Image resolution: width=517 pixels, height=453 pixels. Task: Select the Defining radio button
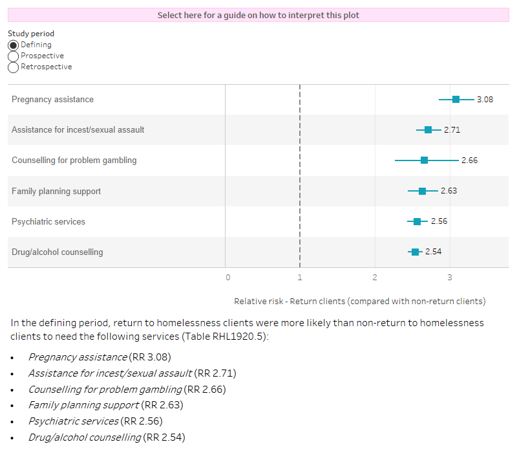(13, 45)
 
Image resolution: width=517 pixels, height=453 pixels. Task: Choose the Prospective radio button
(13, 56)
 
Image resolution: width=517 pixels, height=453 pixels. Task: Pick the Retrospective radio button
(13, 67)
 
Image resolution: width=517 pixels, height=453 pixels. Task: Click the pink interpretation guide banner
(258, 15)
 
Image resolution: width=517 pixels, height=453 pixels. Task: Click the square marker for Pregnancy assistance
(456, 99)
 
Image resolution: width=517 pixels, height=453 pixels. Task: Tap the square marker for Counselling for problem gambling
(424, 160)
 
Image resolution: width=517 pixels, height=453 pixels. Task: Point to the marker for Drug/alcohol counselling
(415, 252)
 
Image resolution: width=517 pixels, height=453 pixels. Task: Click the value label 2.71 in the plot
(452, 129)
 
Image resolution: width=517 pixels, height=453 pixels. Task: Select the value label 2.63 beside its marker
(448, 191)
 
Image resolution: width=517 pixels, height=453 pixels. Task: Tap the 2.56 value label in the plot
(439, 221)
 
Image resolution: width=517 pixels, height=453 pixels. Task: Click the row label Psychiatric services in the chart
(48, 221)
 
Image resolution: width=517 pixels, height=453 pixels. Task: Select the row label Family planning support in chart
(56, 191)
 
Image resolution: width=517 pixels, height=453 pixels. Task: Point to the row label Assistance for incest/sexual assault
(78, 129)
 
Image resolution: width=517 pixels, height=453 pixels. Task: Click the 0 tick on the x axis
(227, 278)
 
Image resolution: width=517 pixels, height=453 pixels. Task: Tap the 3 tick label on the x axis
(450, 278)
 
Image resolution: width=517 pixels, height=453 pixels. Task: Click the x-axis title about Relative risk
(359, 301)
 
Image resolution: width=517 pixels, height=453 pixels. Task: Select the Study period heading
(31, 34)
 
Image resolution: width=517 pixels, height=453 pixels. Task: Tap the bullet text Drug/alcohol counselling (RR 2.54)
(106, 437)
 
